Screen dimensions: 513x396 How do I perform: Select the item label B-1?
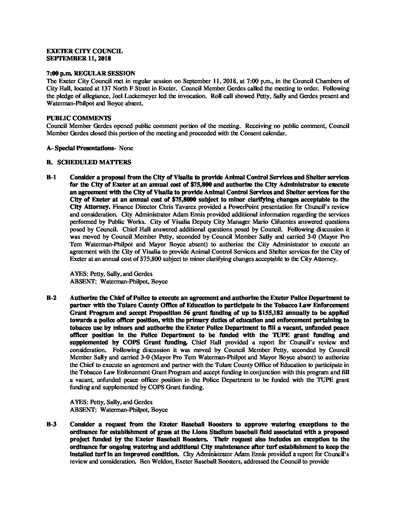(x=51, y=177)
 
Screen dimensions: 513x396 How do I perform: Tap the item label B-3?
(x=51, y=424)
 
